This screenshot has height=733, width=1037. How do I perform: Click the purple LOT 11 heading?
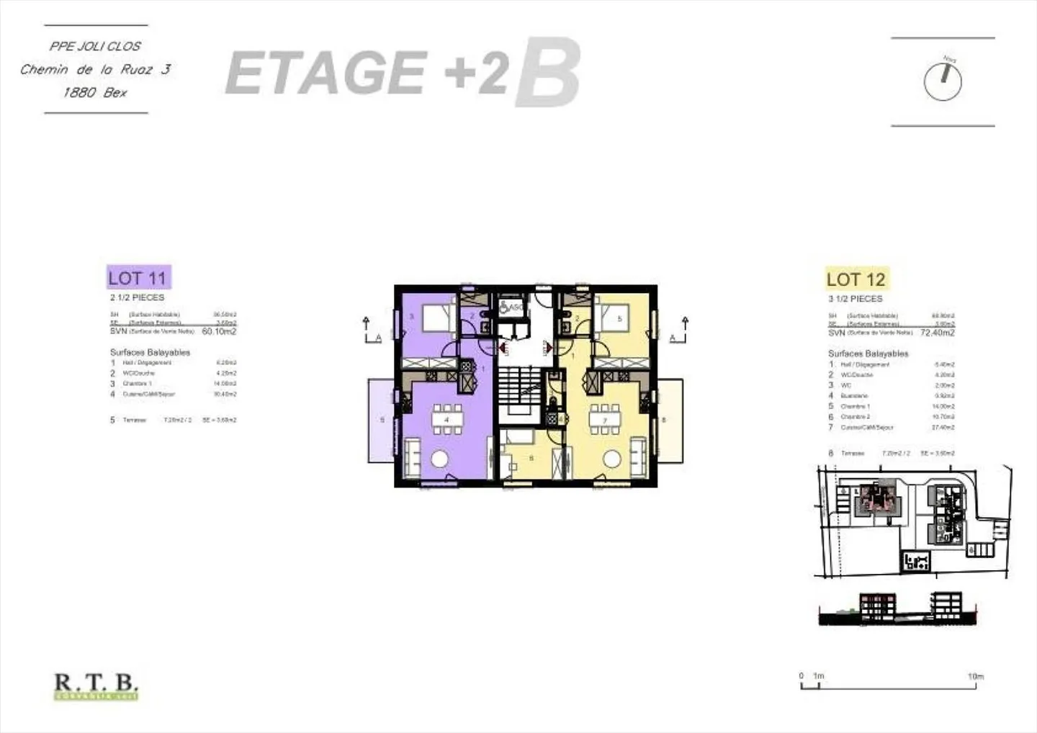coord(138,278)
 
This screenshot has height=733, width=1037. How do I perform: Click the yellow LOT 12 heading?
coord(856,279)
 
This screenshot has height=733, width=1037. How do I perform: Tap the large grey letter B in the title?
coord(547,73)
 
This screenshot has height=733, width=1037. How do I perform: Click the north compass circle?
coord(942,82)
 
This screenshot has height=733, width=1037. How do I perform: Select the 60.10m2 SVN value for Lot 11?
coord(219,332)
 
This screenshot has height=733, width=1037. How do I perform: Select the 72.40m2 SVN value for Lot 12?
coord(937,333)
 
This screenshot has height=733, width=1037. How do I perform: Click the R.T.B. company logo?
coord(96,685)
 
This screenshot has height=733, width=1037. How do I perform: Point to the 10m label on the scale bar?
coord(975,677)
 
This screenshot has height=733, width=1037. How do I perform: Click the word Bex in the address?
coord(115,93)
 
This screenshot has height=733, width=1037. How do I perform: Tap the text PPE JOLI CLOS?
coord(95,46)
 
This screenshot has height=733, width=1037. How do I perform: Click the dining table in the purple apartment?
coord(446,419)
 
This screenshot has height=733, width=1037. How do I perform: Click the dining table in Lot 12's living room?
coord(605,419)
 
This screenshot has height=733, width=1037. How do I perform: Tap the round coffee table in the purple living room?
coord(439,459)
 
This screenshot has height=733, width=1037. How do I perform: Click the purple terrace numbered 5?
coord(382,421)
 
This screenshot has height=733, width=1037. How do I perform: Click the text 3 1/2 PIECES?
coord(855,299)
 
